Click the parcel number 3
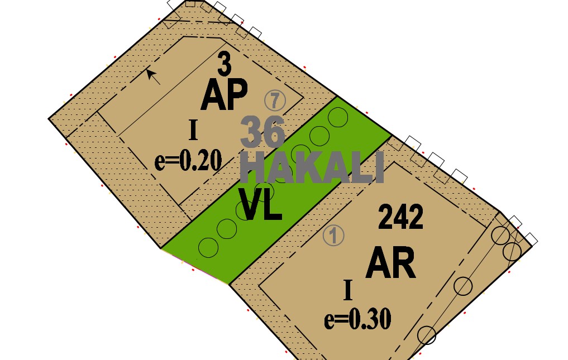click(224, 65)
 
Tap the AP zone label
click(224, 95)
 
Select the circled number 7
click(275, 100)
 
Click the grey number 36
click(263, 132)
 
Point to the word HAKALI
click(312, 167)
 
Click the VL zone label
click(260, 205)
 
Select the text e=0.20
click(188, 160)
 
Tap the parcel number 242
click(401, 218)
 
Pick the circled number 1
click(333, 236)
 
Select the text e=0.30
click(357, 319)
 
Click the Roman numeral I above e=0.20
click(193, 131)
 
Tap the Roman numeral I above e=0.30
click(348, 290)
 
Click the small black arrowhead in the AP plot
click(150, 72)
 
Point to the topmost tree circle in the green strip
click(337, 117)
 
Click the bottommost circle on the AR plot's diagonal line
click(427, 335)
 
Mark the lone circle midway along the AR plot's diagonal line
click(463, 286)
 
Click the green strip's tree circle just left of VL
click(245, 210)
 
